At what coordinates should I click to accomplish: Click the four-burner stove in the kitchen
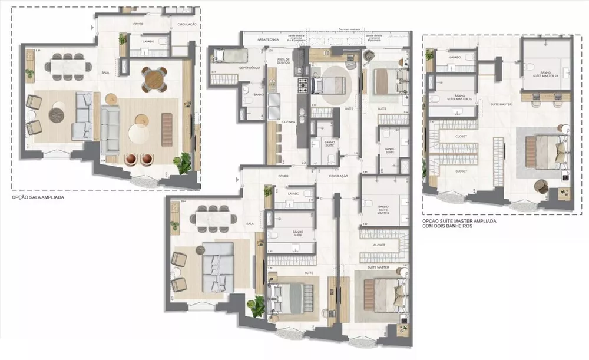303,85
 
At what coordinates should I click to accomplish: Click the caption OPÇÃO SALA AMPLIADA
38,198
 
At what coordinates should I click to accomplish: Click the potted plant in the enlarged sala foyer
123,39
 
